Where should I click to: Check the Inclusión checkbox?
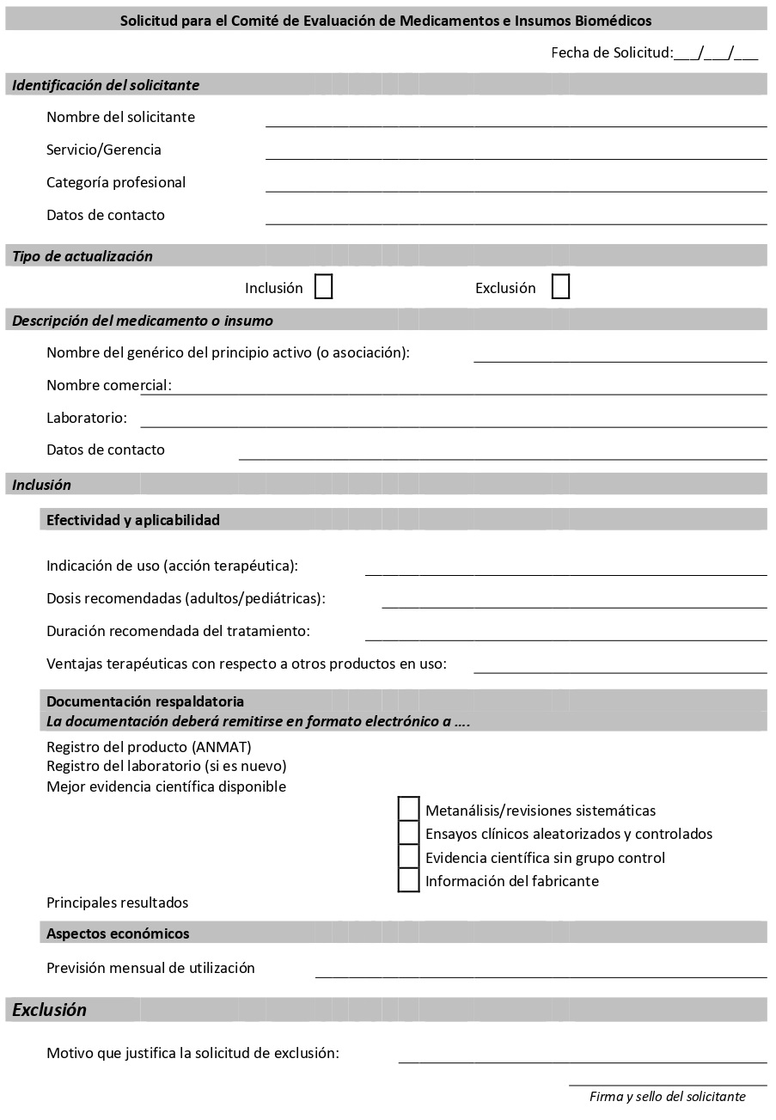click(323, 286)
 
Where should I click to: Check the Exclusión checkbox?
click(560, 286)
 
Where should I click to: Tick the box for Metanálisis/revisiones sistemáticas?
click(409, 809)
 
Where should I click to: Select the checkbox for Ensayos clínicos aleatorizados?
click(409, 833)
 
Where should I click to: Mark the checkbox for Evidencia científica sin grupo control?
click(409, 857)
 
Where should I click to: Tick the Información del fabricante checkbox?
click(409, 880)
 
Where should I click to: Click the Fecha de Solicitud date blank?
click(716, 53)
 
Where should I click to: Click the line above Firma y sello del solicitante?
click(668, 1084)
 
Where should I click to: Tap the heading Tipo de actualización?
click(82, 256)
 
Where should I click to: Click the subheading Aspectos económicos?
click(118, 933)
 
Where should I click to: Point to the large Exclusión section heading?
click(50, 1010)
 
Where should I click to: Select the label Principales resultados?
click(117, 903)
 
